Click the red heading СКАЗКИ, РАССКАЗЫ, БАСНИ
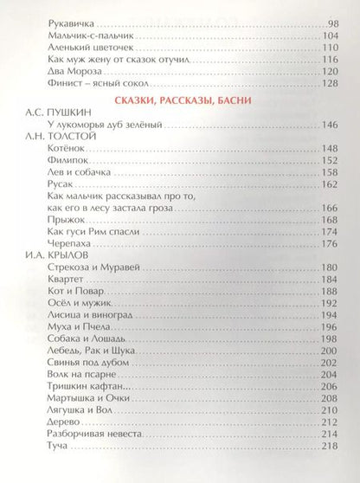coord(181,103)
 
